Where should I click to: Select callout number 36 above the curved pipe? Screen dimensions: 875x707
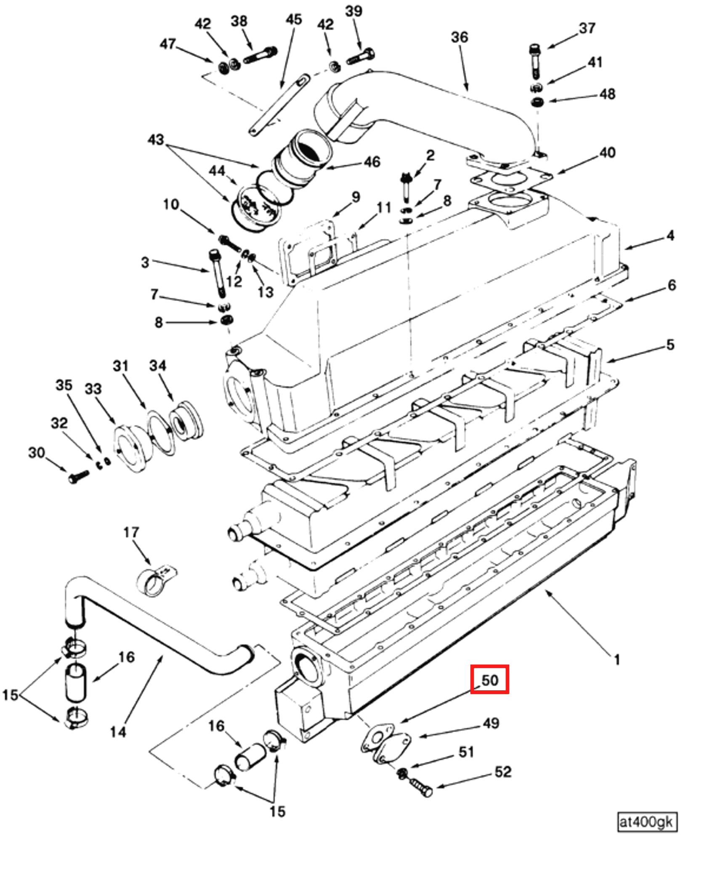[459, 37]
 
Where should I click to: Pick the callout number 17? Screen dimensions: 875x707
[131, 533]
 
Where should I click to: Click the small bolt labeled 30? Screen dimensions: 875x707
[78, 477]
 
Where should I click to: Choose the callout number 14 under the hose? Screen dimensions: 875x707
[118, 732]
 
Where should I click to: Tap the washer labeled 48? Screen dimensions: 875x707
[537, 102]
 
